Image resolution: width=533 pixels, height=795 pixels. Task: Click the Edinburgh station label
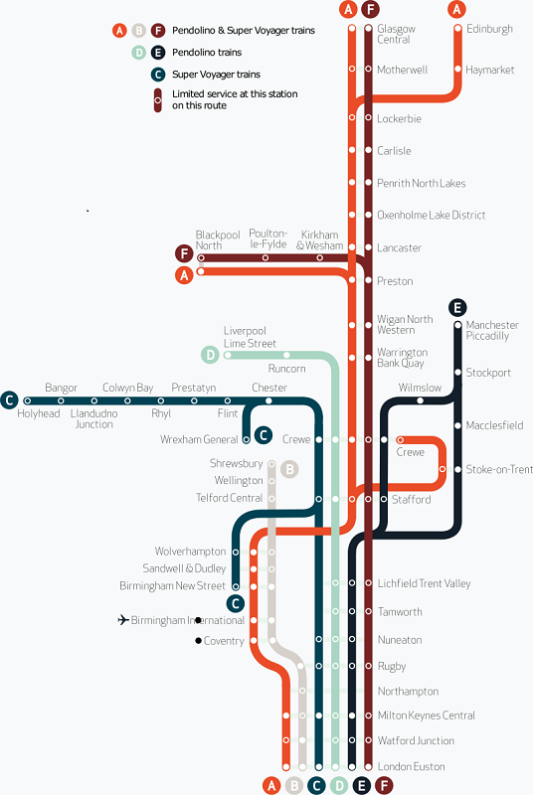tap(489, 29)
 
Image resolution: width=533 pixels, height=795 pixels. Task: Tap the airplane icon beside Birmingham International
tap(123, 619)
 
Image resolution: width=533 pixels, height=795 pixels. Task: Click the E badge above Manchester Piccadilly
tap(457, 307)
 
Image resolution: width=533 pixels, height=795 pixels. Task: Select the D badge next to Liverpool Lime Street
tap(210, 355)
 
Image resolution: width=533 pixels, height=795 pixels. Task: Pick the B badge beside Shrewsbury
tap(289, 469)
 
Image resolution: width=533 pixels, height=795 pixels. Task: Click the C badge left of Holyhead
tap(9, 400)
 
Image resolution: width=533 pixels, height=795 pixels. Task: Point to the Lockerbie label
tap(399, 118)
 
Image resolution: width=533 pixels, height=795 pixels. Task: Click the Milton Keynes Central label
tap(426, 715)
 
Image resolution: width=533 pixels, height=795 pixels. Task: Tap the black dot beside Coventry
tap(198, 641)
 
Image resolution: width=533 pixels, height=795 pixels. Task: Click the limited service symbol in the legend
tap(158, 100)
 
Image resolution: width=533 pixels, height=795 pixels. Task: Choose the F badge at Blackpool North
tap(184, 253)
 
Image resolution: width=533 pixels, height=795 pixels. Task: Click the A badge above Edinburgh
tap(457, 9)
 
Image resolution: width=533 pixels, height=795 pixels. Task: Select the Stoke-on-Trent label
tap(499, 469)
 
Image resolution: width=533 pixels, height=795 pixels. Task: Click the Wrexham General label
tap(199, 439)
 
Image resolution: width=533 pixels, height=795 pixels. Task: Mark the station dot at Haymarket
tap(457, 69)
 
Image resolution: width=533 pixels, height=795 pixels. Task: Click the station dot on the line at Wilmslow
tap(420, 400)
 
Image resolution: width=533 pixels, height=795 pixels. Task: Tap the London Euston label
tap(412, 766)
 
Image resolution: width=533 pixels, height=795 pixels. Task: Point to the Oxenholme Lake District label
tap(431, 215)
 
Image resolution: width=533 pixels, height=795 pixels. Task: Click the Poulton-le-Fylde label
tap(267, 238)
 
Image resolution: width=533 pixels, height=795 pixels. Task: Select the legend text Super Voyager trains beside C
tap(216, 75)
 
